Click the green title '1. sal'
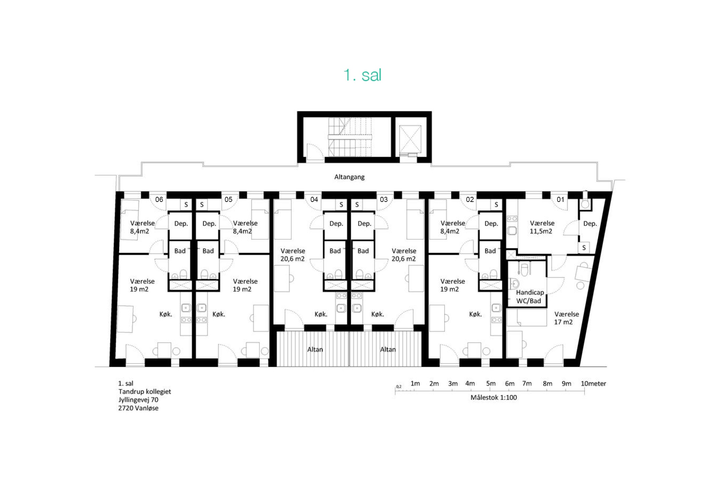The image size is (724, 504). pos(362,75)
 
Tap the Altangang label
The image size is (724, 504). pos(349,177)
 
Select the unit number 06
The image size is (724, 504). pos(159,200)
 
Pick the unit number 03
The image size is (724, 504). pos(384,200)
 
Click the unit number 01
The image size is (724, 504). pos(560,200)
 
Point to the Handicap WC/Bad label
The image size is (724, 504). pos(530,296)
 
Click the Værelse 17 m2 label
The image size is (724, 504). pos(567,318)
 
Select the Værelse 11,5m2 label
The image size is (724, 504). pos(542,227)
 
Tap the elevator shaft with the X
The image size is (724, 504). pos(410,139)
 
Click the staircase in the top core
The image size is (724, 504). pos(350,137)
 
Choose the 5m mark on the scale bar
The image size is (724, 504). pos(490,384)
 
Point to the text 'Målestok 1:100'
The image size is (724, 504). pos(494,397)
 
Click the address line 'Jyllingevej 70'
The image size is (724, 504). pos(138,400)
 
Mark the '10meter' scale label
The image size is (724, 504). pos(593,384)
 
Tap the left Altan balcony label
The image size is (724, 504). pos(315,349)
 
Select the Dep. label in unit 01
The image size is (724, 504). pos(590,224)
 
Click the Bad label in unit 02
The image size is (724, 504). pos(490,251)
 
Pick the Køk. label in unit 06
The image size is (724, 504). pos(166,314)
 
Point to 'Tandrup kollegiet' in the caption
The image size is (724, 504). pos(145,392)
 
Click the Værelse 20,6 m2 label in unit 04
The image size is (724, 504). pos(293,255)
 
